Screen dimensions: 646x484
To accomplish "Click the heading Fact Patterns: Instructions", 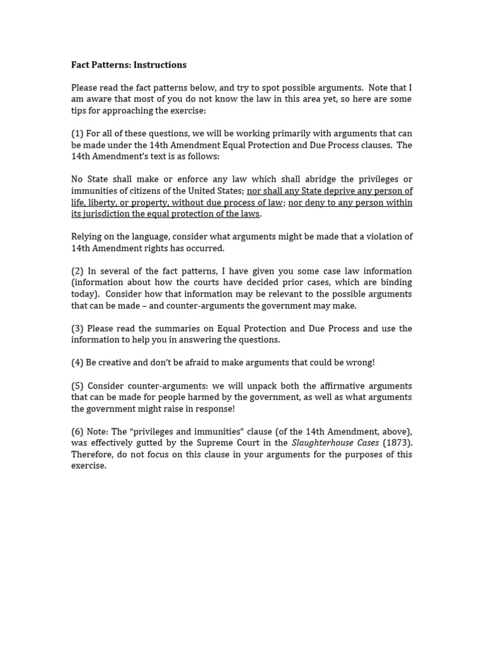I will click(x=129, y=65).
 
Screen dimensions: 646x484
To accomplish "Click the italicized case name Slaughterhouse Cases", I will click(x=335, y=443).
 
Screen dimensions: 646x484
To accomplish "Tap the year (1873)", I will click(x=398, y=443).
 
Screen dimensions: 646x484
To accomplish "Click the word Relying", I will click(x=88, y=237).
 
